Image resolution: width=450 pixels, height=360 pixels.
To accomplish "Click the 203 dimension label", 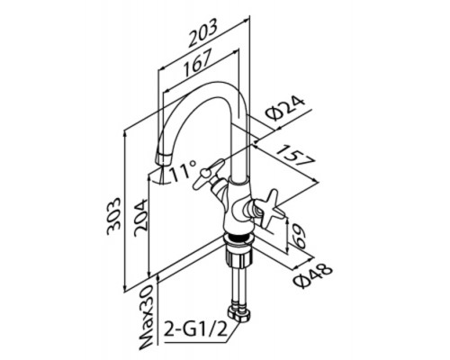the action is [x=202, y=32].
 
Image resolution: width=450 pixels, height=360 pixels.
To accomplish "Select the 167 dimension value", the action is [x=198, y=62].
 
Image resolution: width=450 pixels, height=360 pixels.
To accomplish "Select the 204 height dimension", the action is [x=141, y=218].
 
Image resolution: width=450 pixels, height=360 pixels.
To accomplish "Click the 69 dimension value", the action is [x=298, y=236].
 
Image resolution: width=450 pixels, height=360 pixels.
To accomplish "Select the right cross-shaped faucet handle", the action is [x=268, y=209].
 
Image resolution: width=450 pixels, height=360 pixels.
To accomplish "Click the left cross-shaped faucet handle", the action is [x=210, y=174].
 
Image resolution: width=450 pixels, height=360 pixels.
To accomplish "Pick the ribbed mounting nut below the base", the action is [x=239, y=257].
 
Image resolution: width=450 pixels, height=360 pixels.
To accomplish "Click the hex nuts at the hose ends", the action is [x=239, y=314].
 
